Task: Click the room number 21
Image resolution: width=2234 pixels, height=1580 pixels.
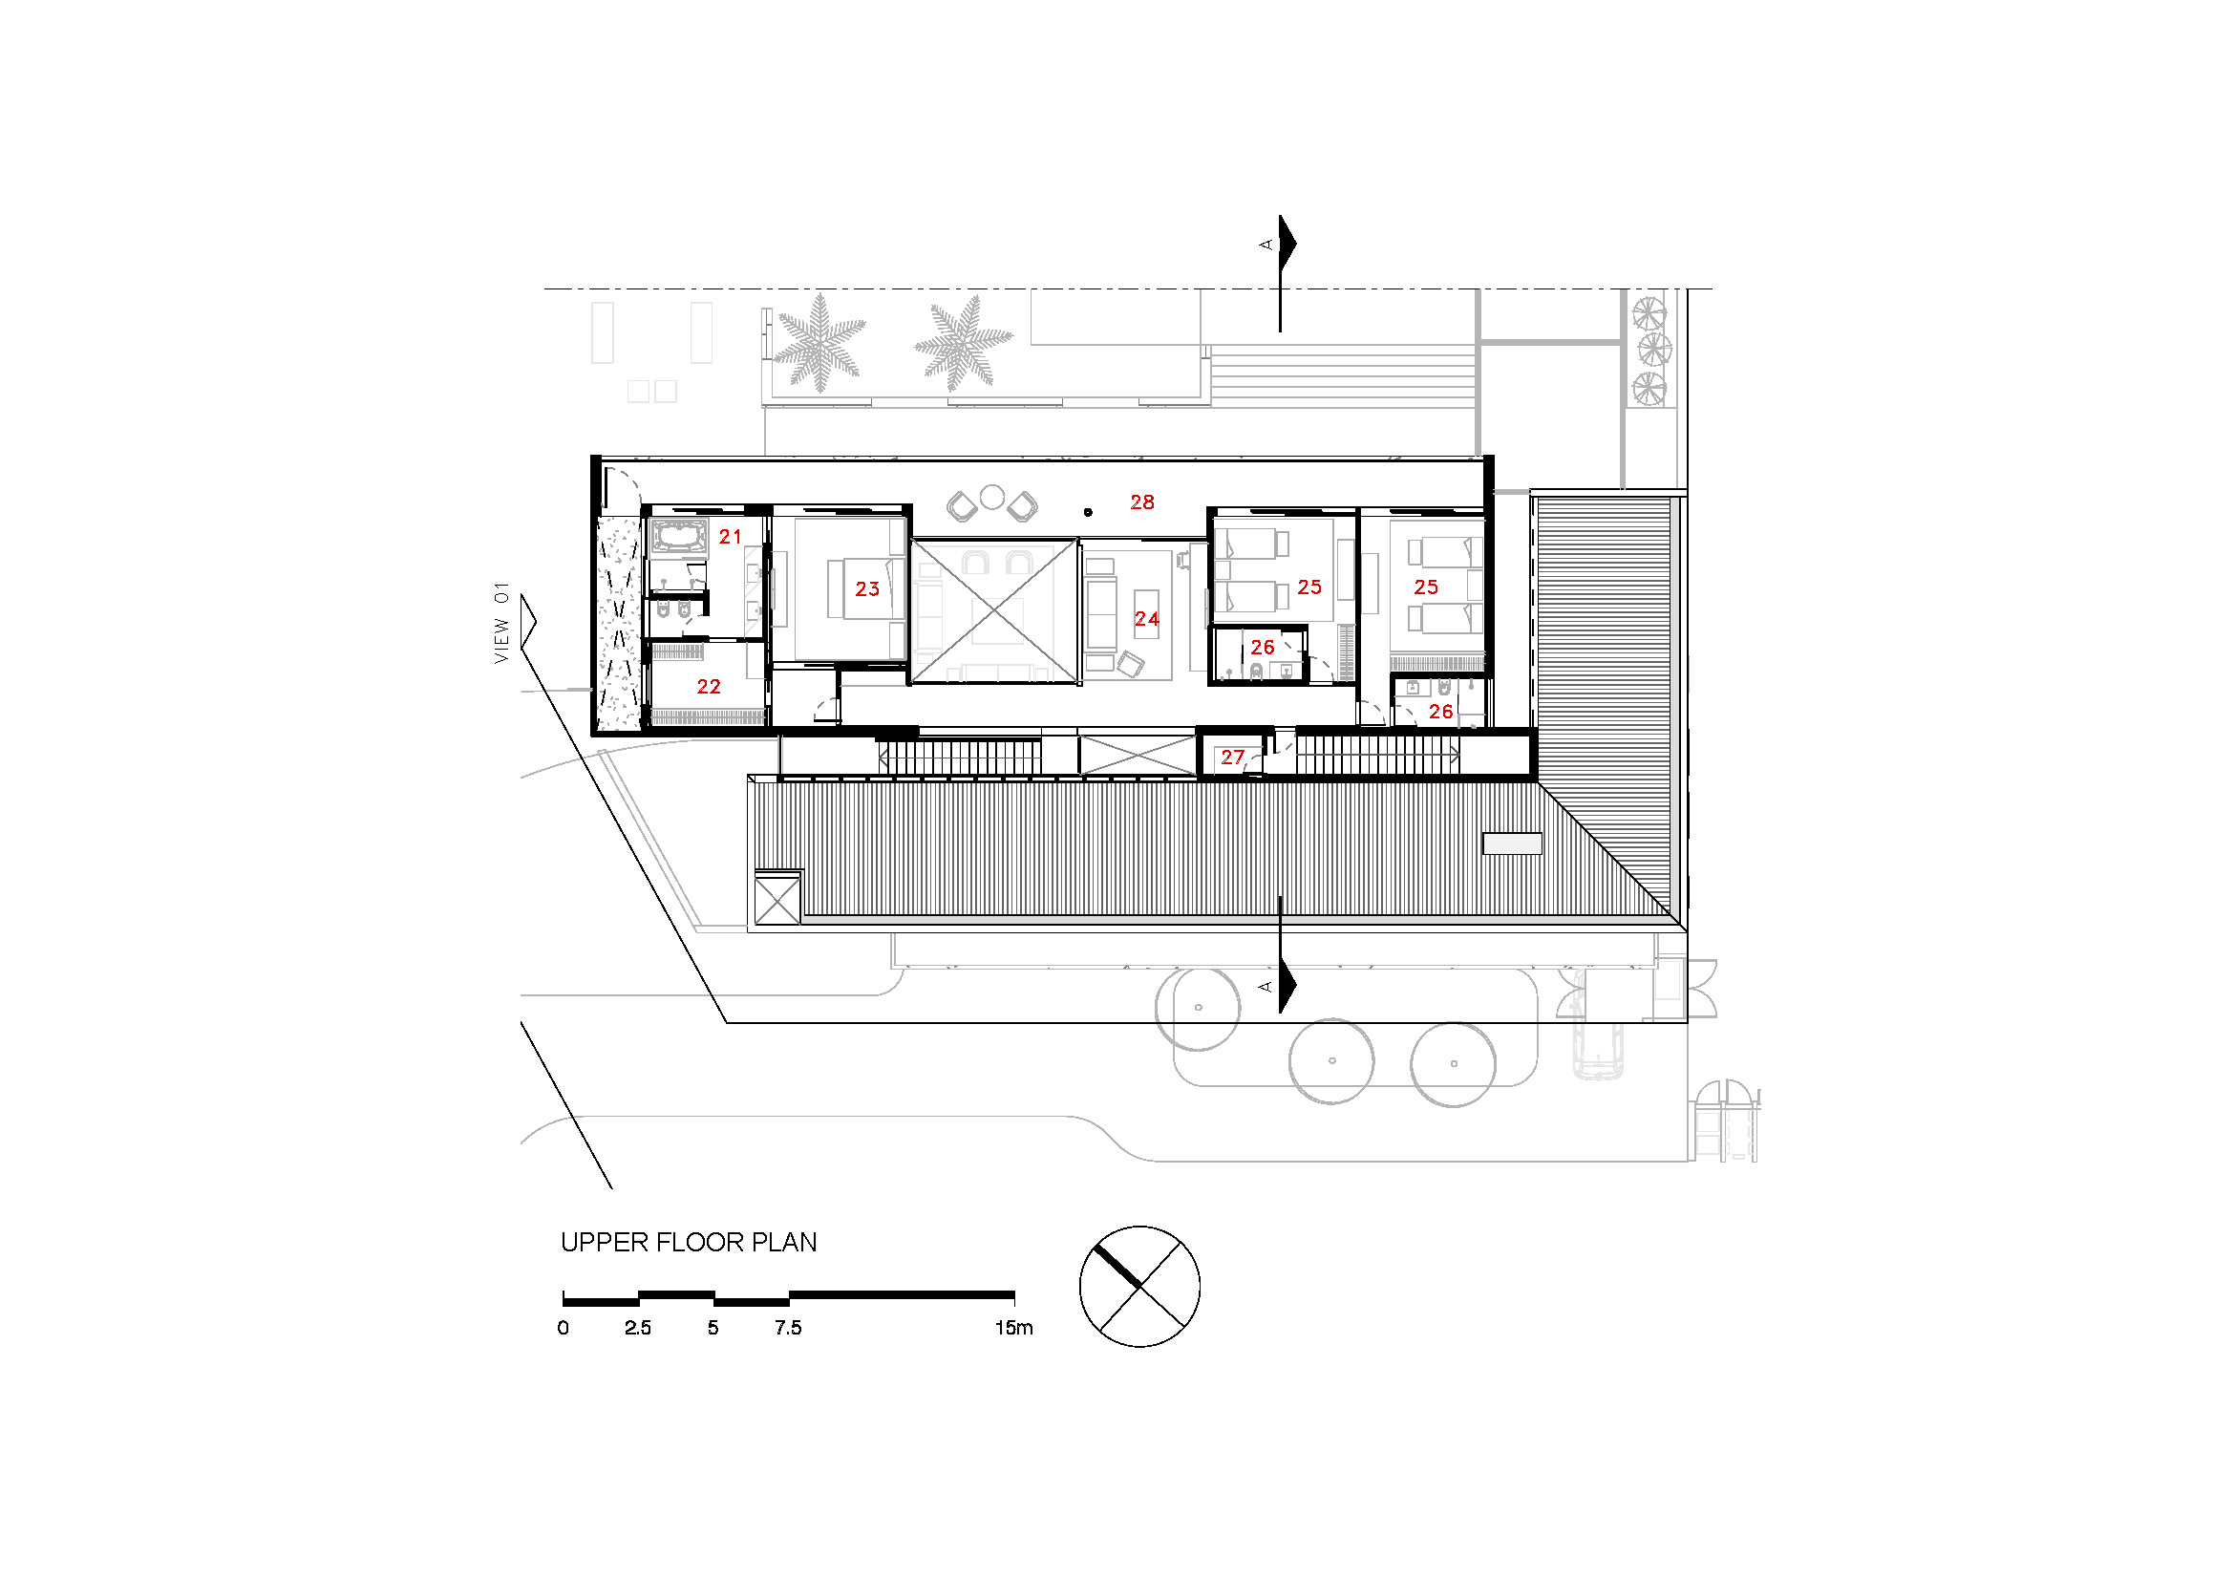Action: (x=730, y=536)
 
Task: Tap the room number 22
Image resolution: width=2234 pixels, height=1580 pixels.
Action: (x=709, y=687)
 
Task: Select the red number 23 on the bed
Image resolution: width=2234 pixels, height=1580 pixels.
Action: (x=867, y=588)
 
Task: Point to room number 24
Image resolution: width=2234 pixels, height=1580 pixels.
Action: (x=1146, y=619)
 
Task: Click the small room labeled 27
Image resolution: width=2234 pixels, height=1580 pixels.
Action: (x=1232, y=757)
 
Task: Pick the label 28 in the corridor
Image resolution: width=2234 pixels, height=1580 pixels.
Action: (x=1141, y=502)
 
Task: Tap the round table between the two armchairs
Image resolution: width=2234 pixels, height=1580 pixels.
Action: (x=991, y=497)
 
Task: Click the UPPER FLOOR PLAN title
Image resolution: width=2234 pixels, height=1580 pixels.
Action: (x=688, y=1243)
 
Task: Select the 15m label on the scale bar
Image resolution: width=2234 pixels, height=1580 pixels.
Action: (x=1012, y=1328)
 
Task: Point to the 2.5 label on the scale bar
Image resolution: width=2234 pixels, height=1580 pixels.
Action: (x=637, y=1328)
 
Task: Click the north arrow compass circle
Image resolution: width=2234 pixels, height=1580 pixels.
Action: (x=1139, y=1286)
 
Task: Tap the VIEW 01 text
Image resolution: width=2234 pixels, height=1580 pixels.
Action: (x=501, y=624)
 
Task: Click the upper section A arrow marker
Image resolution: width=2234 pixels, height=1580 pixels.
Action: (x=1286, y=244)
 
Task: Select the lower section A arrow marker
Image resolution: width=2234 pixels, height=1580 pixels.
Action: (x=1286, y=986)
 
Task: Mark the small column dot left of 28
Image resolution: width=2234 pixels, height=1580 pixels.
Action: (x=1088, y=512)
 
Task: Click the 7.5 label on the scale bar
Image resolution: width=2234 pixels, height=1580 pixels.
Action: (x=787, y=1328)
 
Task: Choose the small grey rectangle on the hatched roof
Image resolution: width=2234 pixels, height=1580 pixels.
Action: (x=1511, y=843)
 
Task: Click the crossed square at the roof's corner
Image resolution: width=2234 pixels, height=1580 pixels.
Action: (x=777, y=899)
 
